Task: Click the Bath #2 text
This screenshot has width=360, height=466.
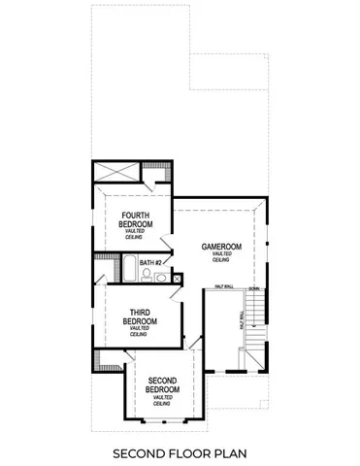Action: click(148, 263)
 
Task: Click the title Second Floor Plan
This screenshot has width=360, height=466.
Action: click(180, 452)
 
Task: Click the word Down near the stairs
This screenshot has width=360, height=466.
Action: click(254, 288)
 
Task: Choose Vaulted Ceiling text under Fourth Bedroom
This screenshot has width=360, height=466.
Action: click(136, 232)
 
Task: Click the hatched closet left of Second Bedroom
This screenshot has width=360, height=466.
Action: click(99, 365)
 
